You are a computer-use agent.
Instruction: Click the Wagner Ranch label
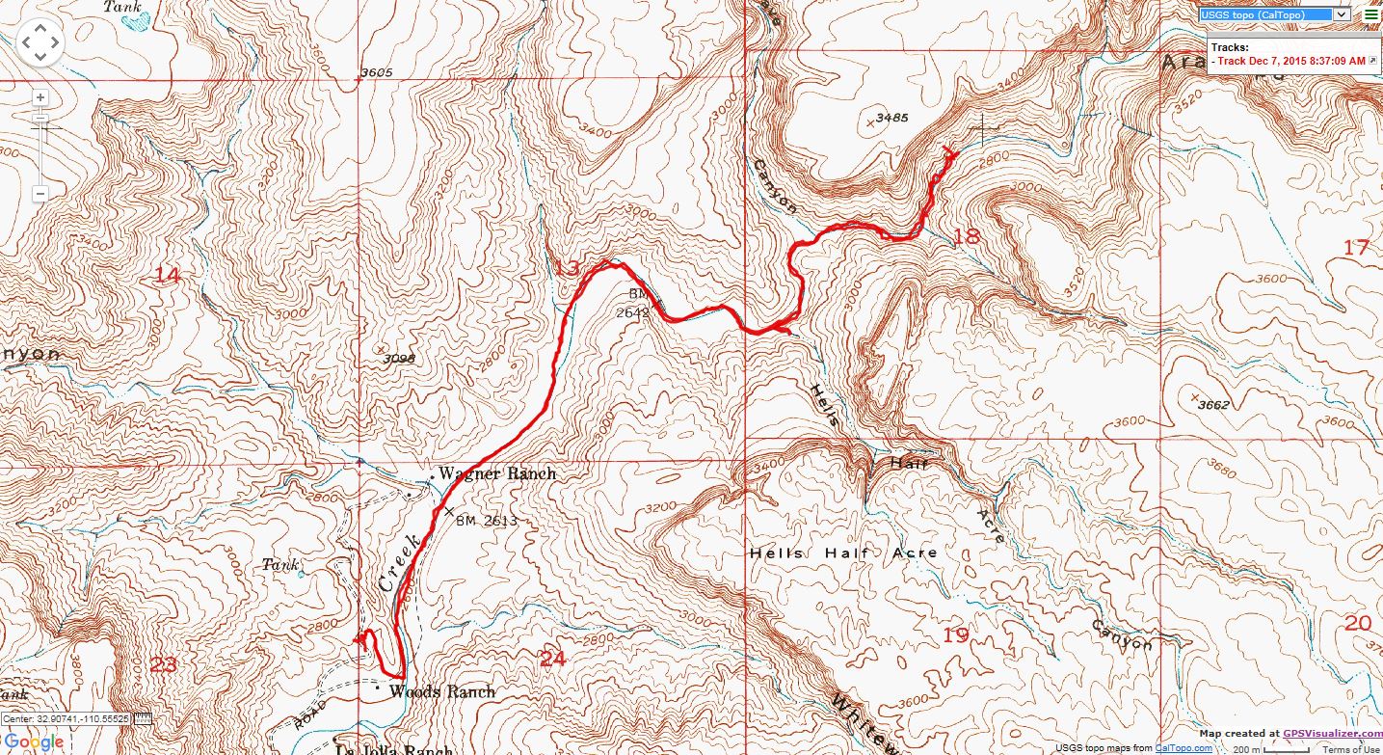496,473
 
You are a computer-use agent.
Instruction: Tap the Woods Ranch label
441,691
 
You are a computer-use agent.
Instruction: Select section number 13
567,267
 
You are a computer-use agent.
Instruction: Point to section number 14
167,276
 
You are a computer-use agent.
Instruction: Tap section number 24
552,659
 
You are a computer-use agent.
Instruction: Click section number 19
955,634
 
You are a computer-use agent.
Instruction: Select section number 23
164,663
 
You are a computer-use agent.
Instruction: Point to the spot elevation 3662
1213,404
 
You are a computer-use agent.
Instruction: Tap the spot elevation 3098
397,359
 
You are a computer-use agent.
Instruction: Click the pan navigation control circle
40,42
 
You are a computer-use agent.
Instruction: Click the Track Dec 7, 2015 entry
1291,61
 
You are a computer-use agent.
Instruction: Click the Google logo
34,742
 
